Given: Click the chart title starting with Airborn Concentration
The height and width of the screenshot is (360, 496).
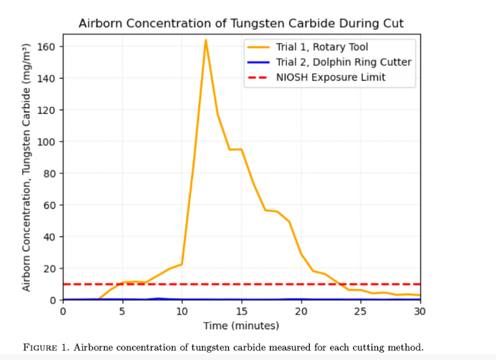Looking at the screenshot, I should (x=240, y=24).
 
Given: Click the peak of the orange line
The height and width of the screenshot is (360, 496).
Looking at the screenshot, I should (x=205, y=41).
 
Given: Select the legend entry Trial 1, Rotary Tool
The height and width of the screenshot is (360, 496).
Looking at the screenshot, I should (x=318, y=47).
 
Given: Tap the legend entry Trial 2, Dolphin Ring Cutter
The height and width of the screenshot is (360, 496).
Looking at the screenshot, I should (x=344, y=62).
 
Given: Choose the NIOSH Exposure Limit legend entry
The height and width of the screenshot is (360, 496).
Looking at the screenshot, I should (x=331, y=77).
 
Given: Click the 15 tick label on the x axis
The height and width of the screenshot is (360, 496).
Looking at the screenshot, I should (x=241, y=311).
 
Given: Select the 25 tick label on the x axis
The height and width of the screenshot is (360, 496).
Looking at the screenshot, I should (x=360, y=311).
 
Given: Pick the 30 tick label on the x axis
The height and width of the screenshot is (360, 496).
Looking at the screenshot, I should (x=419, y=311).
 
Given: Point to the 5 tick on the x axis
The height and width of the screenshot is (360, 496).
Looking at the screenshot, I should (x=122, y=311).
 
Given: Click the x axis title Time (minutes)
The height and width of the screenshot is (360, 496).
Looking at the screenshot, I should (x=241, y=326).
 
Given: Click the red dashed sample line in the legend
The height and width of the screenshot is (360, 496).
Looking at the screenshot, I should (x=257, y=77).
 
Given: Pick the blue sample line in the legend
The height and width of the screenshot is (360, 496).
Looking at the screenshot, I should (x=257, y=62).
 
